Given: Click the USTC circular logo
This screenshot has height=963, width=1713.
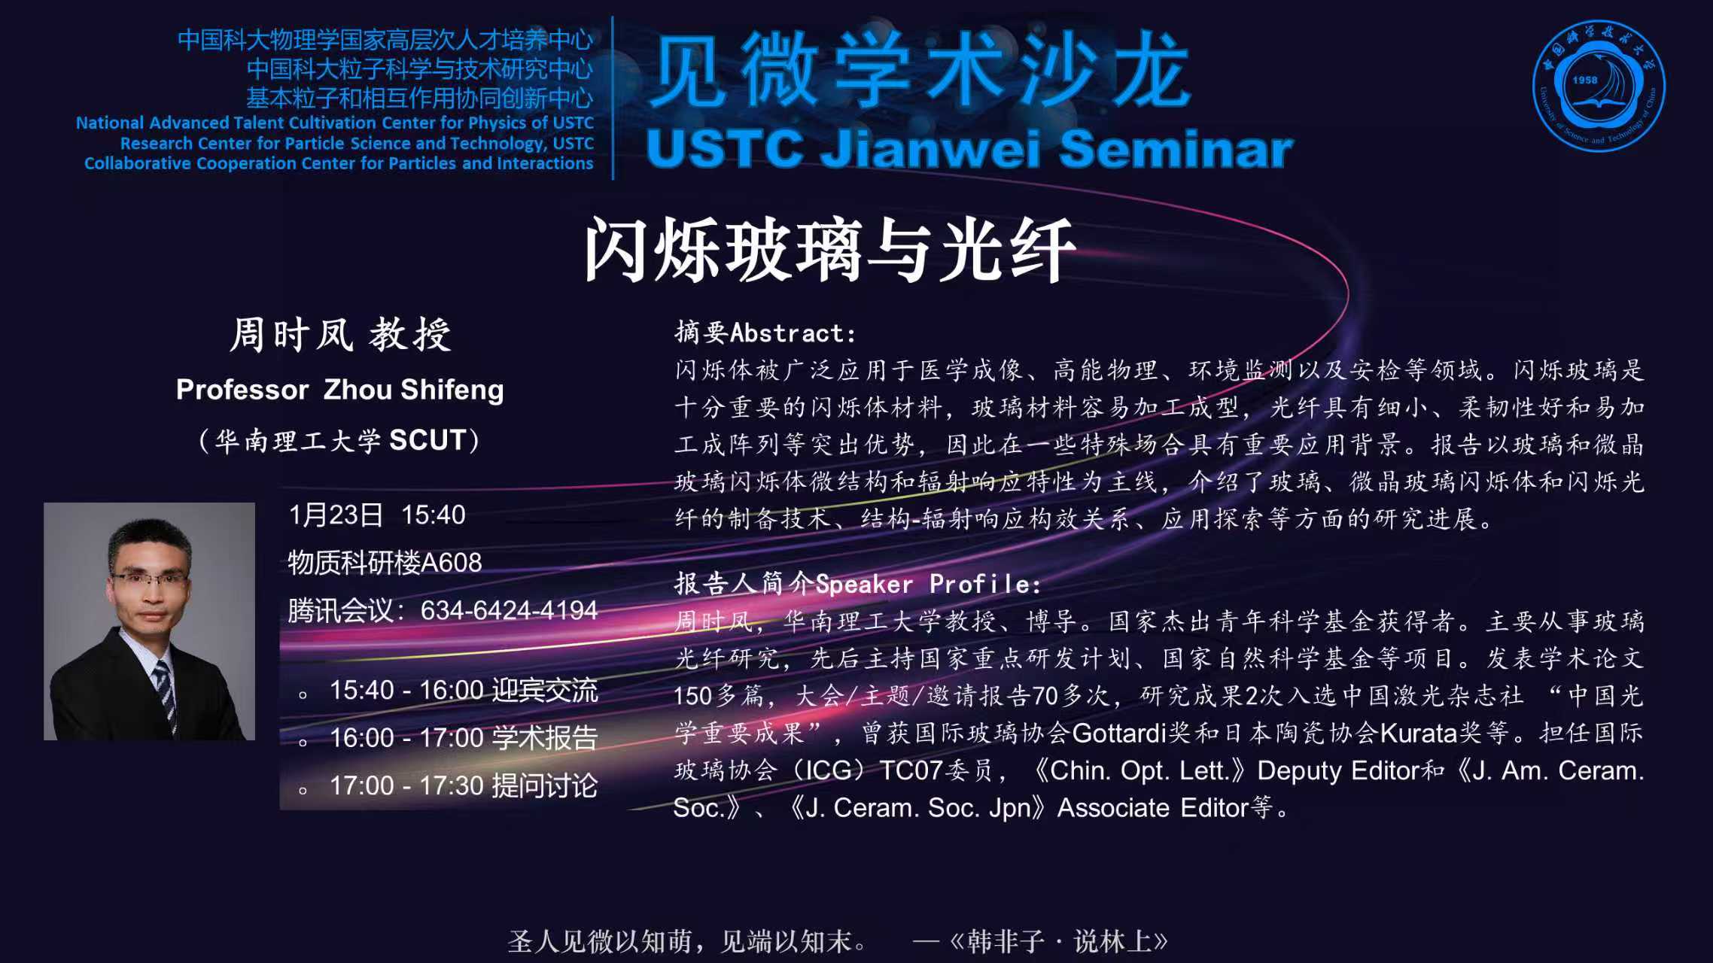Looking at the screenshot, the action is tap(1599, 86).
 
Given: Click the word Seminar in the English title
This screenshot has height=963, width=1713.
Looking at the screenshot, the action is tap(1176, 149).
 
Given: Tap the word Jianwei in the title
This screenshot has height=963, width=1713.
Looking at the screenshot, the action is tap(931, 149).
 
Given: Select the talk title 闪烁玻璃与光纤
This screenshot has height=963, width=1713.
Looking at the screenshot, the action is tap(829, 251).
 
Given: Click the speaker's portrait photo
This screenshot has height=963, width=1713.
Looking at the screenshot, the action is tap(149, 621).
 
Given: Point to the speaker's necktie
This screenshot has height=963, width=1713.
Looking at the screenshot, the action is tap(164, 692).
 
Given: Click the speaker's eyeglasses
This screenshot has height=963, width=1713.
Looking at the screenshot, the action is tap(149, 580).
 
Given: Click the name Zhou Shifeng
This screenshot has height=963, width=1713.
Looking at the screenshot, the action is tap(414, 390).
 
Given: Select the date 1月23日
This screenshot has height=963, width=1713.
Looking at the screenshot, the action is tap(336, 515).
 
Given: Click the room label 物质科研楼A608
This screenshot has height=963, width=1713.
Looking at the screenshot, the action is tap(385, 563).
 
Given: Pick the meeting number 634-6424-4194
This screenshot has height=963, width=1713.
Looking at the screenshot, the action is tap(509, 610).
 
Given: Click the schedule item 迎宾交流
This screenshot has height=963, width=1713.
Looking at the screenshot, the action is tap(545, 691).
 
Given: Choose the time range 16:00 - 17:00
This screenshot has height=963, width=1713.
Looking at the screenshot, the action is tap(406, 738).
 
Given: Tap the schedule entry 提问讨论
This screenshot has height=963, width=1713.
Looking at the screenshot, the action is tap(545, 786).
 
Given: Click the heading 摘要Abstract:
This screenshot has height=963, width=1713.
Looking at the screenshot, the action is tap(765, 333).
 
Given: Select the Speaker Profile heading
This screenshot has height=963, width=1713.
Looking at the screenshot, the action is tap(858, 584).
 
